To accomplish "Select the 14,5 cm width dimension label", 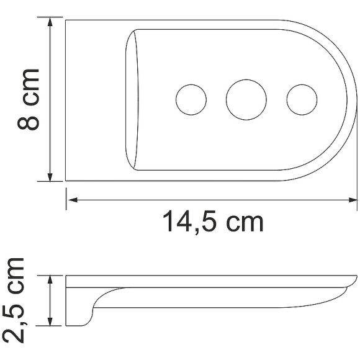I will pyautogui.click(x=213, y=222).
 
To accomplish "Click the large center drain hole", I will pyautogui.click(x=246, y=99).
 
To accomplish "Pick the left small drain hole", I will pyautogui.click(x=191, y=99).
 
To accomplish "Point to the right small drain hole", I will pyautogui.click(x=301, y=99).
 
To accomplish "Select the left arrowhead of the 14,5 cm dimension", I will pyautogui.click(x=71, y=200).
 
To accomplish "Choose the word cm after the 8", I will pyautogui.click(x=29, y=88).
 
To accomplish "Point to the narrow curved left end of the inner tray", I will pyautogui.click(x=132, y=99).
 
